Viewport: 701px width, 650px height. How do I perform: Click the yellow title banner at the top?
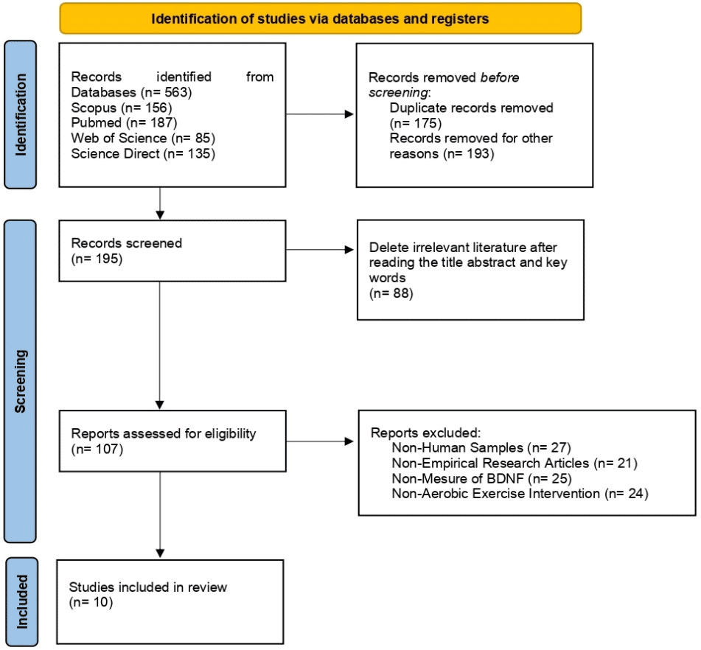coord(320,18)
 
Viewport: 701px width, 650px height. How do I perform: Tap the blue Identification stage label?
coord(20,114)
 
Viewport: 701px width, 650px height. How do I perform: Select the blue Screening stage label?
coord(20,381)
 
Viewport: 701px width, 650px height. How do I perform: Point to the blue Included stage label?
coord(21,601)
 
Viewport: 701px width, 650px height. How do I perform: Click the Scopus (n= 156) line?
coord(122,108)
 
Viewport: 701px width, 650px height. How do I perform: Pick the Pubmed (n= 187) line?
coord(125,122)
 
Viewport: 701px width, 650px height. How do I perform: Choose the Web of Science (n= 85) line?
coord(143,138)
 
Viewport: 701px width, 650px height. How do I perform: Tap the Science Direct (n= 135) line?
coord(143,154)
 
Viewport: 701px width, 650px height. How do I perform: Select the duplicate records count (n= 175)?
coord(416,123)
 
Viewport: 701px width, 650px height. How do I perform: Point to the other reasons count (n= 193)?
coord(469,154)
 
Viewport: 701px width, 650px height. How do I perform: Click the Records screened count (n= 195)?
coord(97,259)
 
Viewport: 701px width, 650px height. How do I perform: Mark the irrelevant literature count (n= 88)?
coord(391,293)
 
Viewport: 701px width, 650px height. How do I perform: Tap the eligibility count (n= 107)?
coord(97,449)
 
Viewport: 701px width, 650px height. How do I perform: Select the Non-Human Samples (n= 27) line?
coord(481,447)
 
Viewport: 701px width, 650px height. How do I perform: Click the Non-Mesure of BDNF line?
coord(481,478)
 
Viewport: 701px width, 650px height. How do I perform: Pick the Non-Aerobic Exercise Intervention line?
coord(520,494)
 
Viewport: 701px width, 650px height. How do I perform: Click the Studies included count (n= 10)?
coord(91,602)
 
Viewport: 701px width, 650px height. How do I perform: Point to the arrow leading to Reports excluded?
coord(320,441)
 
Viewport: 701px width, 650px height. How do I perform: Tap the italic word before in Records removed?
coord(499,77)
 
